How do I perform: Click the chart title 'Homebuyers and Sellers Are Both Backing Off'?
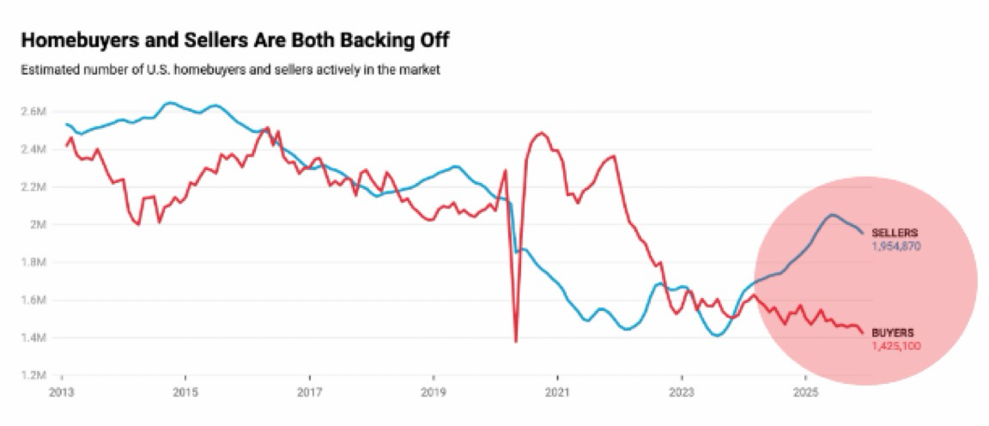pos(234,40)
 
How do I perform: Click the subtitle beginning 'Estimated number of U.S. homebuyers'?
pos(230,70)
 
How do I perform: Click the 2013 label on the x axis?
pos(62,390)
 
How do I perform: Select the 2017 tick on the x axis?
pos(309,390)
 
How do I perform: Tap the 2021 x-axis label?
pos(557,390)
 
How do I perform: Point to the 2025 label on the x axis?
pos(804,390)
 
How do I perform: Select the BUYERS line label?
pos(894,332)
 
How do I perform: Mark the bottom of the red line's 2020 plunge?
pos(516,342)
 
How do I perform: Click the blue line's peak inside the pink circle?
pos(832,215)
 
